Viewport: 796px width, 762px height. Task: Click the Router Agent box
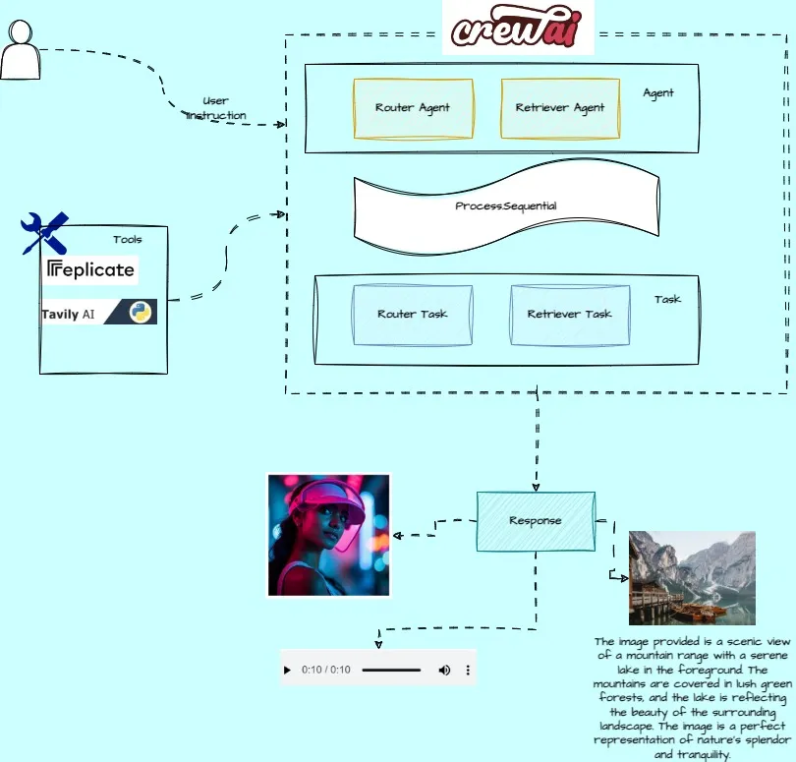413,108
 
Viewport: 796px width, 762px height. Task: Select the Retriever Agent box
560,108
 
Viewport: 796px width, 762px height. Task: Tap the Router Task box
412,315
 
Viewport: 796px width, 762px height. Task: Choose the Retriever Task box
569,315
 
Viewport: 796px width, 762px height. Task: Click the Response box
536,520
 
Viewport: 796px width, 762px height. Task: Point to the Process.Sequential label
506,206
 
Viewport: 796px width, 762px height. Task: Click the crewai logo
518,28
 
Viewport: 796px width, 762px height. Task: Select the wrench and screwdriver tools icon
44,234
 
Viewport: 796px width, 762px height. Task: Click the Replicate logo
90,269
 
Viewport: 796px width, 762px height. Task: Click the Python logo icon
142,313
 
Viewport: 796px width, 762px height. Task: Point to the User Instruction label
216,108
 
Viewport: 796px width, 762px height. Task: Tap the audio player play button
287,671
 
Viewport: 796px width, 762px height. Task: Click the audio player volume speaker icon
444,671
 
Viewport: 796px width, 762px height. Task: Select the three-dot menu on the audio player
468,671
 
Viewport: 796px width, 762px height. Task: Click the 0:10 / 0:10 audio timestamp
326,671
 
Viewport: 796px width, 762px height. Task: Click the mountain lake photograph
692,577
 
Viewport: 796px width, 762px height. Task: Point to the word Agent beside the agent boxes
658,93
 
